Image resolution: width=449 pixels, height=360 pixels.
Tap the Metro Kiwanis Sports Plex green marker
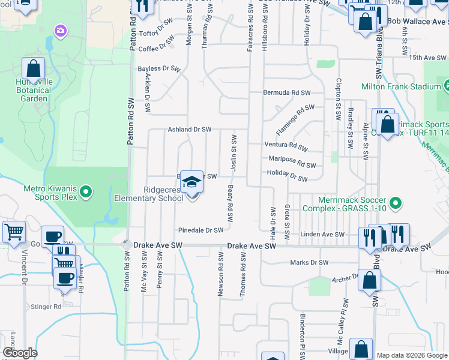click(x=86, y=193)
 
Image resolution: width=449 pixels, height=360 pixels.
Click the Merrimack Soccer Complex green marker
click(x=395, y=204)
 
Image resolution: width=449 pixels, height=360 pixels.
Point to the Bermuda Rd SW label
click(x=287, y=93)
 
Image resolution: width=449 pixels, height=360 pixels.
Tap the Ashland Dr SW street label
click(x=190, y=129)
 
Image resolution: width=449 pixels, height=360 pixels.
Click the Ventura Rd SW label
click(x=286, y=145)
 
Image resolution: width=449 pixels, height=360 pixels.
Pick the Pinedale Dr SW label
click(x=200, y=230)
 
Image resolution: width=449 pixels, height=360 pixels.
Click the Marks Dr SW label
click(x=309, y=262)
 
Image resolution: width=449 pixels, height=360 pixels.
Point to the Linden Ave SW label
click(x=323, y=235)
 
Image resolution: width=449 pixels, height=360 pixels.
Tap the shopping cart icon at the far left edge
click(x=13, y=232)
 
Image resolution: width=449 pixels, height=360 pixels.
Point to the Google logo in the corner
click(x=20, y=353)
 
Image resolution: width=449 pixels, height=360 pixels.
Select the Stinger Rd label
click(x=49, y=306)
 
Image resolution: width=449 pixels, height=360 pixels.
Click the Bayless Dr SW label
click(x=159, y=69)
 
